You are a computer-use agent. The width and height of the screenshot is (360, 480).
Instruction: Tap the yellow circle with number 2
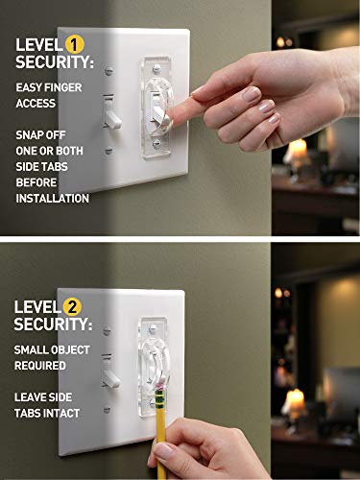(71, 307)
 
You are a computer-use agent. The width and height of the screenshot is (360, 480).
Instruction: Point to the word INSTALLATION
(53, 199)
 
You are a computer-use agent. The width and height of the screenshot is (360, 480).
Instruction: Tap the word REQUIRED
(40, 366)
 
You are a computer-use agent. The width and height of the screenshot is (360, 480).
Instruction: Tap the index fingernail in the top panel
(198, 92)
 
